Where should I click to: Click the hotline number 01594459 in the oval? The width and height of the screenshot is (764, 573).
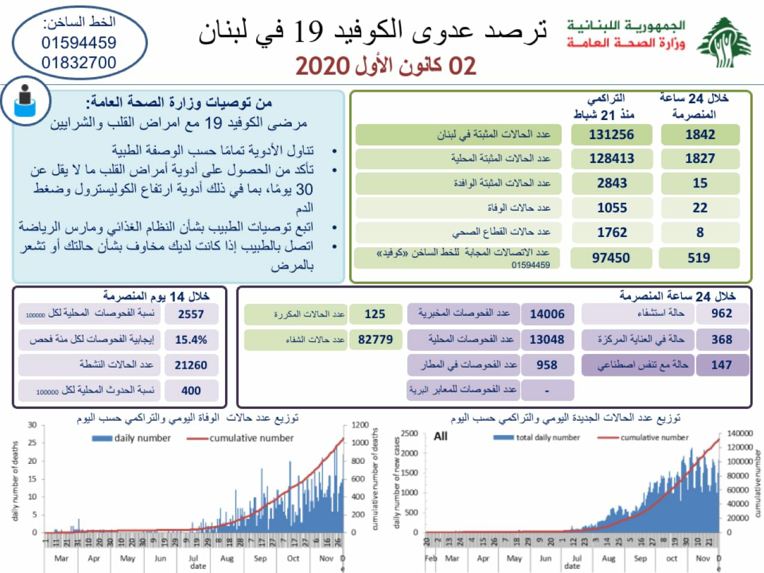[79, 43]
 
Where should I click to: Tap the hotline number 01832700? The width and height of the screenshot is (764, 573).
[79, 63]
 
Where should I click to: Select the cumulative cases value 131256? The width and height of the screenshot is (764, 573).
[611, 135]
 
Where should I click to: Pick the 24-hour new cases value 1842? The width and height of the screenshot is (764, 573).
[700, 135]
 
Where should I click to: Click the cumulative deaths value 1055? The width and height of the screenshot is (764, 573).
[612, 208]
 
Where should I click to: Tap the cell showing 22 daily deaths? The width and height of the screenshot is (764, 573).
[700, 208]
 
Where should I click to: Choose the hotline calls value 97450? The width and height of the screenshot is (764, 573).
[611, 258]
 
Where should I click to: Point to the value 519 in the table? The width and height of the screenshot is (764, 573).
[699, 258]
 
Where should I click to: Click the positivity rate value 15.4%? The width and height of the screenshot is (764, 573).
[191, 340]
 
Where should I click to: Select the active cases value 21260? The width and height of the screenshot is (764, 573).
[191, 365]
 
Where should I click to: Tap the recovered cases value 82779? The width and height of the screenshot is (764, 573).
[375, 340]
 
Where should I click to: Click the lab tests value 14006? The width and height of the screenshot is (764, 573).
[547, 315]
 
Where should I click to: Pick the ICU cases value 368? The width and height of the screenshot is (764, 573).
[722, 340]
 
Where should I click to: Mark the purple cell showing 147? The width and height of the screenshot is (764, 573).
[722, 365]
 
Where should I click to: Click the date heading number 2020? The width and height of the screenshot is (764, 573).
[322, 66]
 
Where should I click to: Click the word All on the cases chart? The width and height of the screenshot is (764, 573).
[440, 436]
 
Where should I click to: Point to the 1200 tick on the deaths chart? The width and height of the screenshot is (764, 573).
[360, 425]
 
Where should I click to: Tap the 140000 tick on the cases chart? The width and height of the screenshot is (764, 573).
[740, 433]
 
